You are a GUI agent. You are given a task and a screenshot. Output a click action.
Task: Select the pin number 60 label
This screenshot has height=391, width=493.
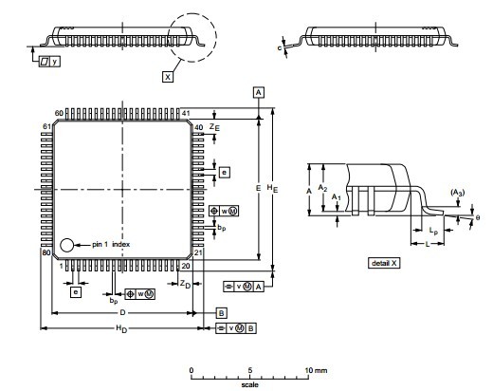tap(59, 113)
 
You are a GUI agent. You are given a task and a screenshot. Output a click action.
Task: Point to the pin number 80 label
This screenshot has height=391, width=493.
tap(45, 253)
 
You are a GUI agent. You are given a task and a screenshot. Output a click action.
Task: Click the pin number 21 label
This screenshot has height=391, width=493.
tap(199, 253)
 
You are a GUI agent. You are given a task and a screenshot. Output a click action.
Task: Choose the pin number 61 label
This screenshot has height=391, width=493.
tap(45, 126)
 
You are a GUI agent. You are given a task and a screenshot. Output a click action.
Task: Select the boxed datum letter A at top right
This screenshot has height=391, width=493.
tap(258, 91)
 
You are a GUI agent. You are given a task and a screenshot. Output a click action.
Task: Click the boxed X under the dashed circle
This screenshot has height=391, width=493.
tap(168, 77)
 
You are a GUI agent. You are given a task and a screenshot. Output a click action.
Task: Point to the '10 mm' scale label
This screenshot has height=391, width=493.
tap(316, 369)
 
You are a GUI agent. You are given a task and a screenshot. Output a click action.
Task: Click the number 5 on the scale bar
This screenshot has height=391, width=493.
tap(250, 369)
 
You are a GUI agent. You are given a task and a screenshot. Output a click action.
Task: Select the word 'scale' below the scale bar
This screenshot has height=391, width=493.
tap(248, 384)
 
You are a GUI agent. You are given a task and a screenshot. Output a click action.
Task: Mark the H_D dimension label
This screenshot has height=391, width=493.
tap(121, 329)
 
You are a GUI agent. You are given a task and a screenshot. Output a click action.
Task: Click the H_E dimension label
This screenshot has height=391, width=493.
tap(271, 190)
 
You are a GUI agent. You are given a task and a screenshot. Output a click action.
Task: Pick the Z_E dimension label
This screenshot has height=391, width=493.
tap(215, 126)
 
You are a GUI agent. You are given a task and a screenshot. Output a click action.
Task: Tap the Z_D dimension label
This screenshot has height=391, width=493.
tap(186, 284)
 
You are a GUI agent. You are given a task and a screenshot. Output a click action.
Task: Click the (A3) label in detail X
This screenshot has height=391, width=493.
tap(458, 193)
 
